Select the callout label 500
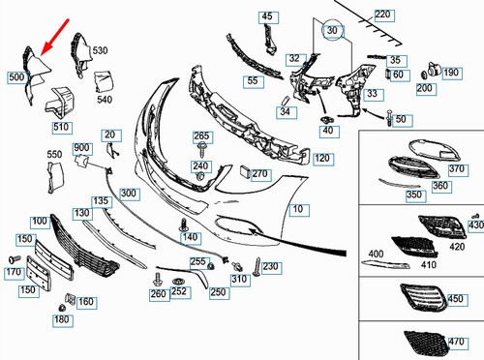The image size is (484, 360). (16, 75)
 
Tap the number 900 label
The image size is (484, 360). (81, 148)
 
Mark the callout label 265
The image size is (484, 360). (201, 135)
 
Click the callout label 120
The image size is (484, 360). (322, 158)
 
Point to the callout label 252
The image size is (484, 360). (178, 291)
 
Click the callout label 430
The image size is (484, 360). (474, 225)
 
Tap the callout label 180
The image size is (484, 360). (61, 320)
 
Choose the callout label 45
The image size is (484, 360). (266, 16)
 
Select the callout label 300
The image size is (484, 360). (128, 195)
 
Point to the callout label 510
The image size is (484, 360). (61, 126)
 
